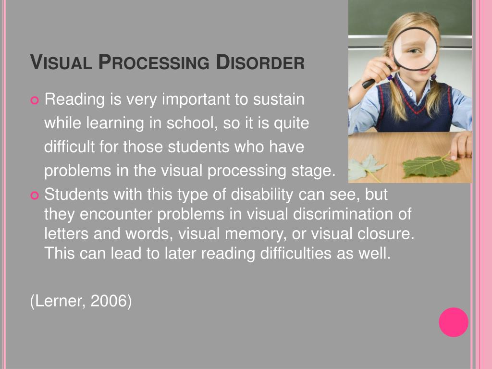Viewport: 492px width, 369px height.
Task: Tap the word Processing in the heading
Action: [x=155, y=63]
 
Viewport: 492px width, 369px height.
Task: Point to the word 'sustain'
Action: [x=279, y=99]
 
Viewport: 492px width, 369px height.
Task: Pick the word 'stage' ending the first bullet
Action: [x=312, y=171]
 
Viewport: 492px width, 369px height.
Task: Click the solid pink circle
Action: [x=453, y=322]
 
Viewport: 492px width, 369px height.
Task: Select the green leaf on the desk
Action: [x=430, y=166]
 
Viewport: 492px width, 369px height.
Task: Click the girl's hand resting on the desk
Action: [x=462, y=144]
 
